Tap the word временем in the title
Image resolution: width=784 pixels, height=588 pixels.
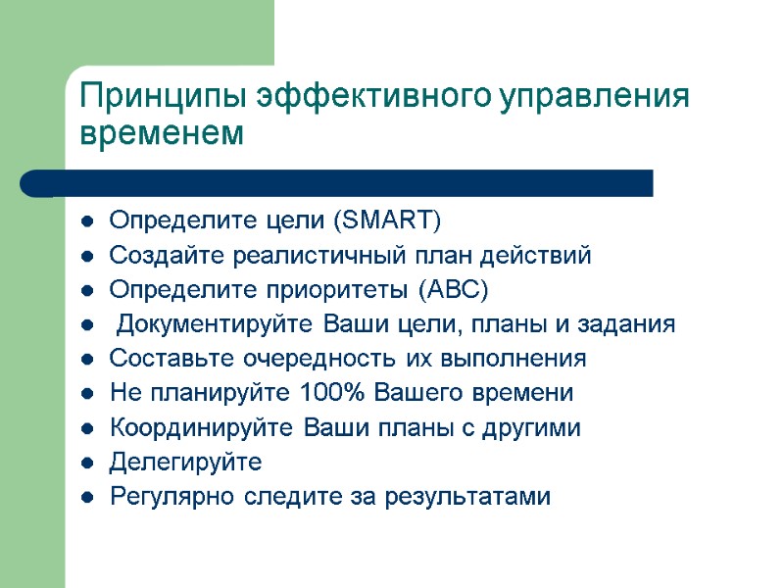coord(161,133)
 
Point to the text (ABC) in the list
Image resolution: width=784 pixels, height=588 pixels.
coord(452,291)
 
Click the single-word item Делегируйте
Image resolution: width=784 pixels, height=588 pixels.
coord(185,462)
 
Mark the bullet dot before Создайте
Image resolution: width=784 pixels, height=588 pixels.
coord(88,258)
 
